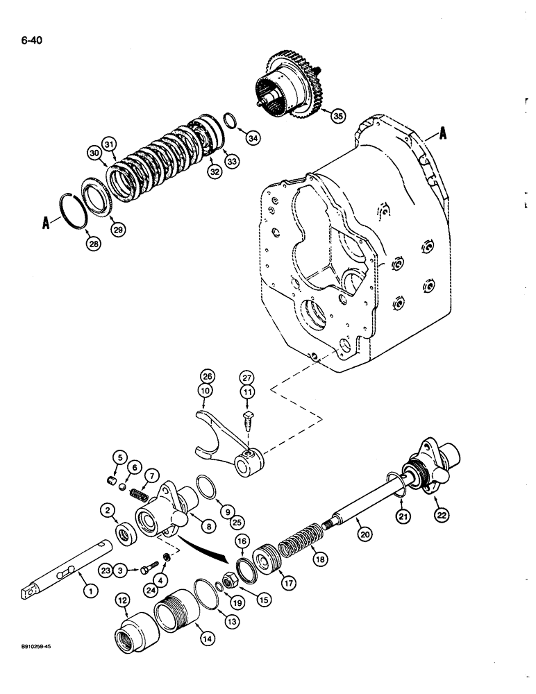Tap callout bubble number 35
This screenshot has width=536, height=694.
(x=337, y=116)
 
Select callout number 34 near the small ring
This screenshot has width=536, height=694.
(x=253, y=139)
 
